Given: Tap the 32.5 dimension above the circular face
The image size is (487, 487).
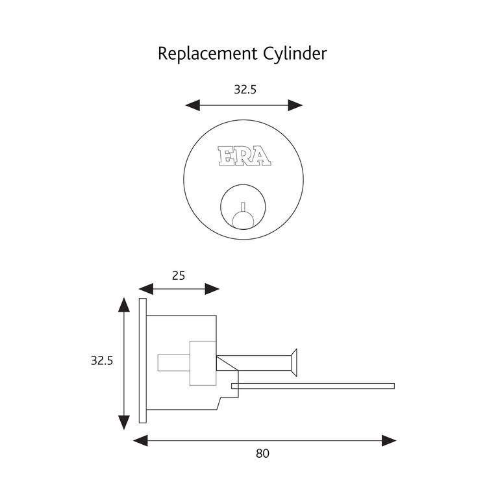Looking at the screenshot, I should pyautogui.click(x=245, y=90).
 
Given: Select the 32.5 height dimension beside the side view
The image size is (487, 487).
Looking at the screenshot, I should pyautogui.click(x=102, y=361).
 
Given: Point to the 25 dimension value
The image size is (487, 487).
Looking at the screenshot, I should pyautogui.click(x=178, y=275).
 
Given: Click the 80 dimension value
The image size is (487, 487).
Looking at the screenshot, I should pyautogui.click(x=262, y=453).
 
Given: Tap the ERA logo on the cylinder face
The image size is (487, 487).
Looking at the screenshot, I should pyautogui.click(x=243, y=156).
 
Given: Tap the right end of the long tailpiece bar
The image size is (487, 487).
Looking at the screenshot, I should pyautogui.click(x=393, y=386).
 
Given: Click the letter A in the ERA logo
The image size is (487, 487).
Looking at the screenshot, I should pyautogui.click(x=261, y=156).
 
